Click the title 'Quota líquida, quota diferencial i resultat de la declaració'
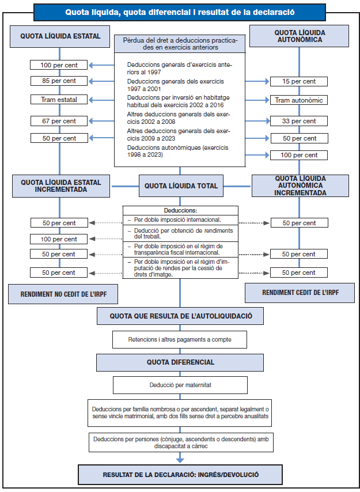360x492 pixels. (x=180, y=12)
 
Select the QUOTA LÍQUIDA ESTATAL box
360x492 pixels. (x=60, y=36)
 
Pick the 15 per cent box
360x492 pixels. (x=298, y=82)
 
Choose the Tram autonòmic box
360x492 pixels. (x=298, y=100)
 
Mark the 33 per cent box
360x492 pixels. (x=298, y=122)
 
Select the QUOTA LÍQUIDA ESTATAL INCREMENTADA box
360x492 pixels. (x=60, y=186)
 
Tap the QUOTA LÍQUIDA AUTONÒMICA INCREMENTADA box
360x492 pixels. (x=300, y=186)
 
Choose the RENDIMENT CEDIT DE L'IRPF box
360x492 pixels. (x=300, y=293)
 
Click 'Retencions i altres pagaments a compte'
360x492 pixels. (x=180, y=340)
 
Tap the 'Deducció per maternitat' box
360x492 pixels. (x=180, y=385)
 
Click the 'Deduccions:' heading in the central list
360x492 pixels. (x=180, y=211)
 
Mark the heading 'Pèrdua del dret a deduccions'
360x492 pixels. (x=180, y=44)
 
